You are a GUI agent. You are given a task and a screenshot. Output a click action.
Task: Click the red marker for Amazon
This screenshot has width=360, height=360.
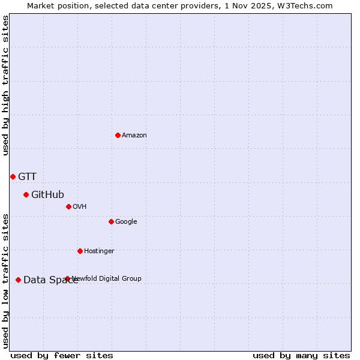118,135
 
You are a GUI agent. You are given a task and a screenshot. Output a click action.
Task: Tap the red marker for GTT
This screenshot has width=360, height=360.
13,176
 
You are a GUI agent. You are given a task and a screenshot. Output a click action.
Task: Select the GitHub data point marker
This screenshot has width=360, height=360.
26,194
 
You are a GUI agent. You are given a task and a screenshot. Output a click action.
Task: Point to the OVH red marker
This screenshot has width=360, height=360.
68,206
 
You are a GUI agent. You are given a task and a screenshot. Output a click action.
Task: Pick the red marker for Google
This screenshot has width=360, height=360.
111,221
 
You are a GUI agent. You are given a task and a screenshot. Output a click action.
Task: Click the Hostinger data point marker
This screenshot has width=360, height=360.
80,251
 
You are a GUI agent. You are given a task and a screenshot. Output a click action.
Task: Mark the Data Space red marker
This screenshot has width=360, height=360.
18,280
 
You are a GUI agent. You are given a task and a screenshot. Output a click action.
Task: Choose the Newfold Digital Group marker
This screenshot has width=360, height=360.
67,278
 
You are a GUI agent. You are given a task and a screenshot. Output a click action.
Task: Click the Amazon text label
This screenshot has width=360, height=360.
134,136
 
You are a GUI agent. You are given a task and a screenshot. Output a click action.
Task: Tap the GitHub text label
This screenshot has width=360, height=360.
47,194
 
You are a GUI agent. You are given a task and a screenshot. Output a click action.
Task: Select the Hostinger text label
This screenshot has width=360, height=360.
99,251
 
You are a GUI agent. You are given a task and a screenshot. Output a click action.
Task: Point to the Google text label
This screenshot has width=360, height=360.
126,222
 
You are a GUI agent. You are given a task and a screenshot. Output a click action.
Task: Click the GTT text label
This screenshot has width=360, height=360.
27,176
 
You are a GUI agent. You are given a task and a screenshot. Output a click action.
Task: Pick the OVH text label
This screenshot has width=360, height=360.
80,207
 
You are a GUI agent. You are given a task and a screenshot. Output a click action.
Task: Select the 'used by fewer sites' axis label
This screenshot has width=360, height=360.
62,356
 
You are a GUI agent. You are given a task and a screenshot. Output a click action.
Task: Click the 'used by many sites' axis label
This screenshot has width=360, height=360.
301,356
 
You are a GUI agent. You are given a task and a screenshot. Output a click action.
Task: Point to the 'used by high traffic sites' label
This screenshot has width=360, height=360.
6,85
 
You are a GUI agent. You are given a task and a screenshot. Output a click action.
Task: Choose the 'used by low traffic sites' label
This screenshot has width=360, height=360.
6,280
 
